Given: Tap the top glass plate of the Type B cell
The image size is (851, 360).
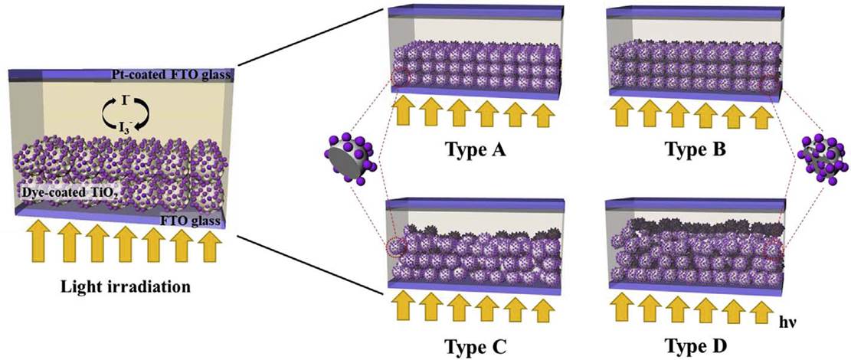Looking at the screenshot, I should click(x=692, y=13).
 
